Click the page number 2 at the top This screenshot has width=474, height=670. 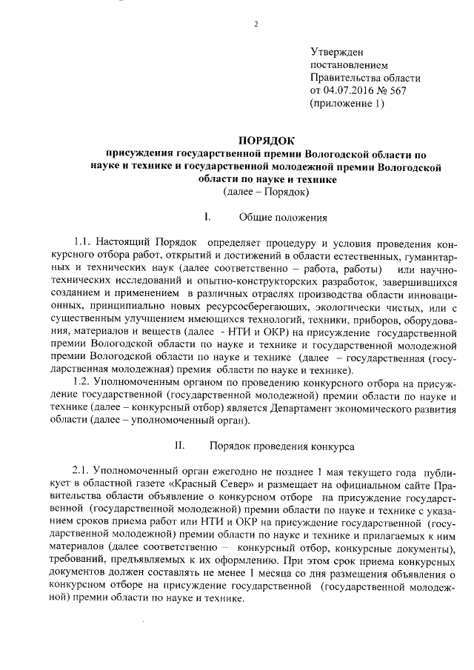click(x=256, y=24)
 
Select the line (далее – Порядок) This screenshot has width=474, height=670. click(x=267, y=192)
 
